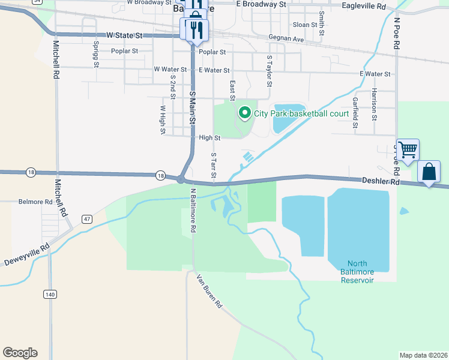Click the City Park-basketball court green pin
click(x=244, y=112)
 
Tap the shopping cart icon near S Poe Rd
click(x=408, y=150)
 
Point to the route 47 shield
click(x=87, y=219)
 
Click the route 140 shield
click(x=50, y=294)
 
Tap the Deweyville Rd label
click(x=28, y=256)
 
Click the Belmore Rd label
click(x=35, y=202)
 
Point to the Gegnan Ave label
click(x=287, y=38)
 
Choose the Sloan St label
click(x=305, y=25)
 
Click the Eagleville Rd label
click(x=363, y=6)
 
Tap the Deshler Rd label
click(x=381, y=180)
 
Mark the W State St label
click(x=125, y=36)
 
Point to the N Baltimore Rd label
click(x=194, y=211)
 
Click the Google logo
click(x=20, y=353)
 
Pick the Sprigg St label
click(x=95, y=54)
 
